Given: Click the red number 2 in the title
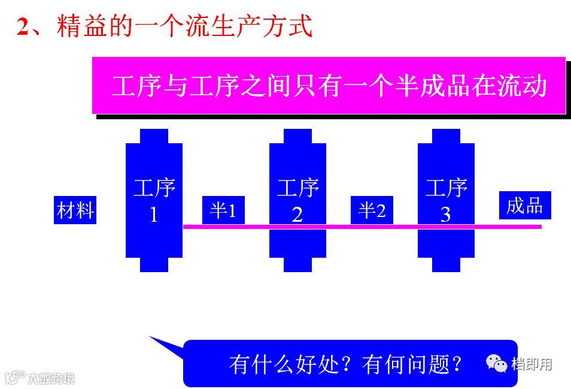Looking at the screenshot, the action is pos(23,27).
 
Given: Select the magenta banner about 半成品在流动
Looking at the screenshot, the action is pos(329,85).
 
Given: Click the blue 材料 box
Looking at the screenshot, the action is pos(75,210).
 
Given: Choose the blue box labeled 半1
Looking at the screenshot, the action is pos(223,210).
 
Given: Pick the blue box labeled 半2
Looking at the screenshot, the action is pos(372,210).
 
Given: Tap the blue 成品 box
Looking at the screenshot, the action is pos(525,206).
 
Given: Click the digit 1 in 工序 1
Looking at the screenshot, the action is pos(154,215).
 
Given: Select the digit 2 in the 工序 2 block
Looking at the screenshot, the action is pos(297,215).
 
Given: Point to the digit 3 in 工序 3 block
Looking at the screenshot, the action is pos(445,215).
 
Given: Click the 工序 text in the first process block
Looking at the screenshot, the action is pos(154,188).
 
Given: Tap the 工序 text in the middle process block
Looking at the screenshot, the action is pos(297,188).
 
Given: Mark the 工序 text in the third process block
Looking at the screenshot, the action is pos(446,188).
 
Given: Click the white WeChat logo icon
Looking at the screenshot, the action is pos(497,362).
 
